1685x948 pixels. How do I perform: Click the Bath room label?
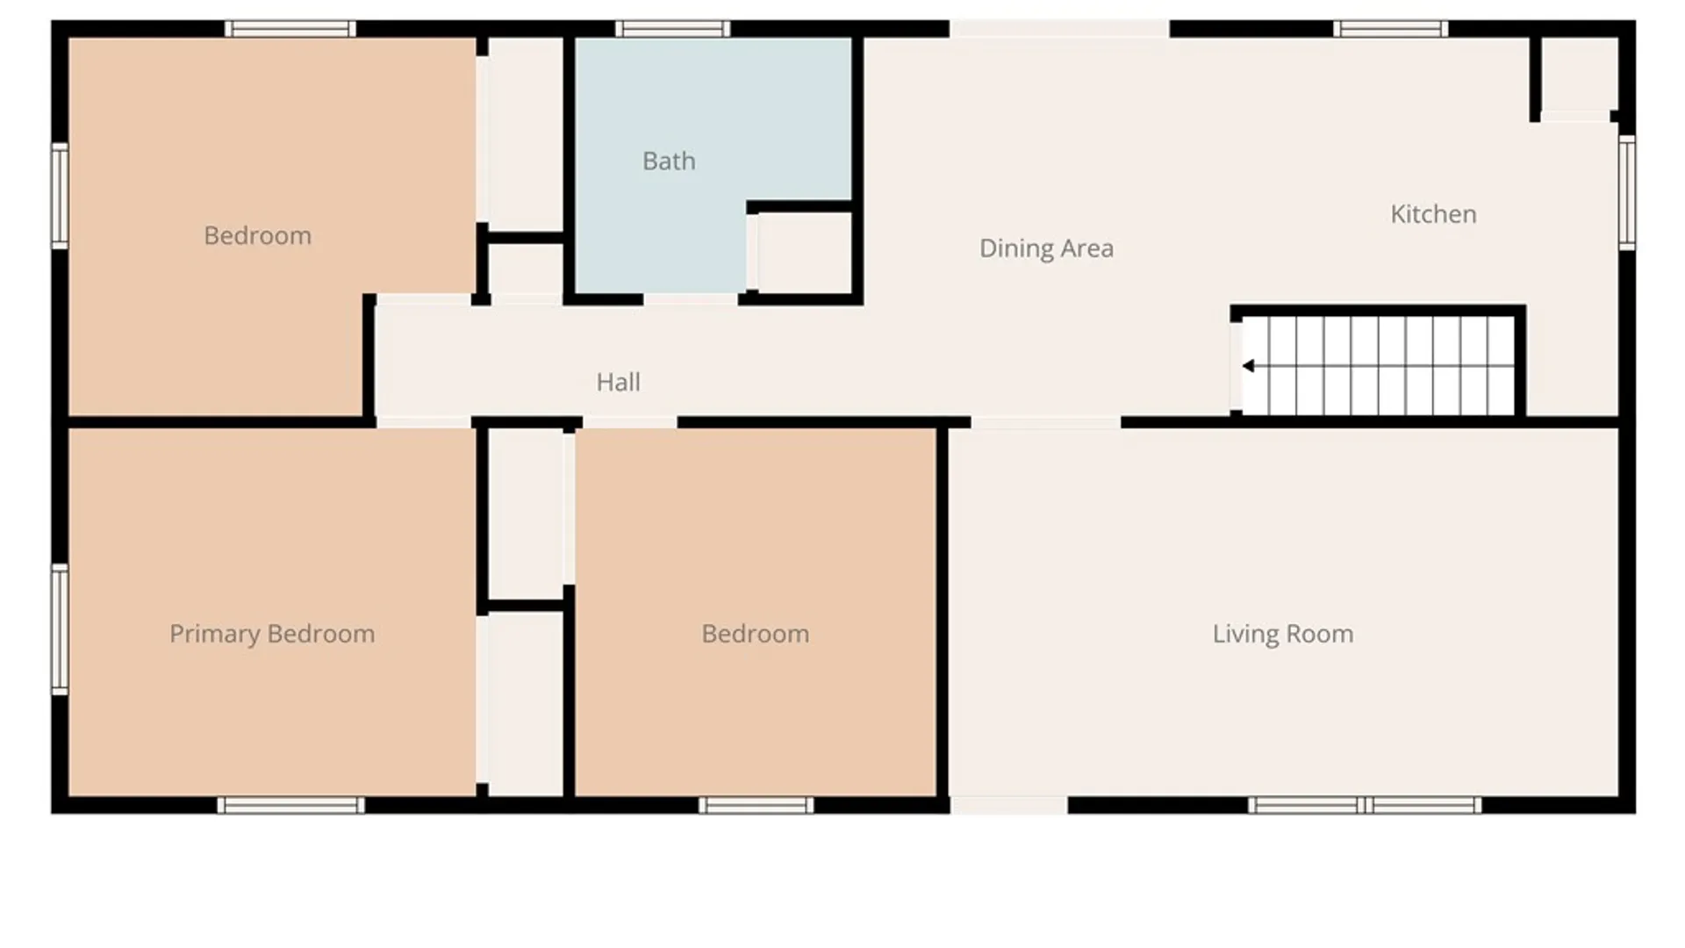coord(669,161)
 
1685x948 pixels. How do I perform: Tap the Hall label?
coord(618,382)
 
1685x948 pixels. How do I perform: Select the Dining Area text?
coord(1046,248)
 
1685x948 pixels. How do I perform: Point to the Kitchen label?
coord(1433,214)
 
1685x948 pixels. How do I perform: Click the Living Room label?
coord(1282,634)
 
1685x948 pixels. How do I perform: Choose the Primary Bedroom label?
coord(272,634)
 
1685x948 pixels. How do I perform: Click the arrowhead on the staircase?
coord(1248,366)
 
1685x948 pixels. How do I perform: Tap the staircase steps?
coord(1379,365)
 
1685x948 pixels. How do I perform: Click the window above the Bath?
coord(673,29)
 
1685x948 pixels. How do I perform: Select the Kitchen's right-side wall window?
coord(1627,192)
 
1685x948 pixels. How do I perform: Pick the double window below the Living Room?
coord(1365,805)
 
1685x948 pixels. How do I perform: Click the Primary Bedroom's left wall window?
coord(60,629)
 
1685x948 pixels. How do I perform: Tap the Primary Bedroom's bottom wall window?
coord(291,805)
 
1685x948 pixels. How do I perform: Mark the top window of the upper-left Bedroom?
coord(290,29)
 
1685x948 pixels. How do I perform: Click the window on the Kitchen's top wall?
coord(1390,29)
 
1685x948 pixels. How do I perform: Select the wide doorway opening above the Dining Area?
coord(1059,29)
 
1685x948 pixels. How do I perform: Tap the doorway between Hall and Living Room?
coord(1046,423)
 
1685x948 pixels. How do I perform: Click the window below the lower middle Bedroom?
coord(756,805)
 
